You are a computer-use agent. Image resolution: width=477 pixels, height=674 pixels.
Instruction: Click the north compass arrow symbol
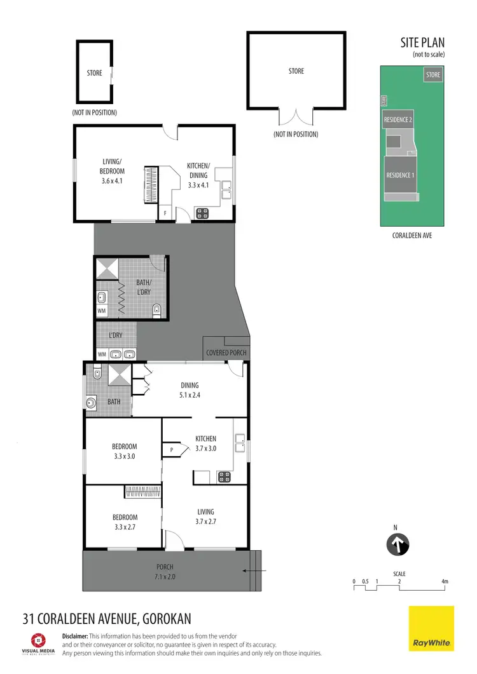(x=398, y=544)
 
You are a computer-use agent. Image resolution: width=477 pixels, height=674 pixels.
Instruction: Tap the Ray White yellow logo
(x=431, y=628)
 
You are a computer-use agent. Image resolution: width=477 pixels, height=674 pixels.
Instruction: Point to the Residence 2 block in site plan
(x=397, y=119)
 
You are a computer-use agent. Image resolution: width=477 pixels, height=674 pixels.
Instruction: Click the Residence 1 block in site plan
(x=400, y=175)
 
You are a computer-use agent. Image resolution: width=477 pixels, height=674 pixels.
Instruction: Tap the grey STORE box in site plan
(x=433, y=75)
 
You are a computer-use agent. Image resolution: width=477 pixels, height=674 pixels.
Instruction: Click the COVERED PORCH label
(x=226, y=353)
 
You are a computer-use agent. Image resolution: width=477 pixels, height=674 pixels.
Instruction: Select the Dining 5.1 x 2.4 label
(x=190, y=389)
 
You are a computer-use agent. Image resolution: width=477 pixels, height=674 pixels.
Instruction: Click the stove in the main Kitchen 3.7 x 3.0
(x=225, y=476)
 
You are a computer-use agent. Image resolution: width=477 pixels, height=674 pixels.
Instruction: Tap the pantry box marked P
(x=172, y=450)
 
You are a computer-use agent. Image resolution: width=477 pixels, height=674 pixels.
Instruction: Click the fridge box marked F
(x=166, y=214)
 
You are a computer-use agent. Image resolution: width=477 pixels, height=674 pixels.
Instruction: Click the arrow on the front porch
(x=250, y=571)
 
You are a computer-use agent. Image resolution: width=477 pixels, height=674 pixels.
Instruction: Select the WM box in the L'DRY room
(x=102, y=354)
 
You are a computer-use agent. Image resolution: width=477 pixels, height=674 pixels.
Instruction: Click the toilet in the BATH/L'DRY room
(x=157, y=310)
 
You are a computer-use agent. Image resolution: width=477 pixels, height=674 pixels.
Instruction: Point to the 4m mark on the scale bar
(x=445, y=581)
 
